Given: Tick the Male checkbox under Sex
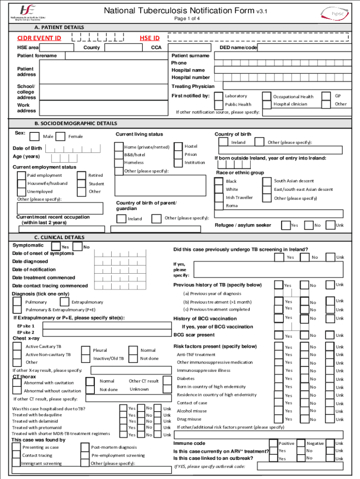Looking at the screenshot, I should pos(35,137).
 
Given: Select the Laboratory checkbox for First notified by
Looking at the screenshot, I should pos(218,96).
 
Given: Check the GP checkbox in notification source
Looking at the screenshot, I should pos(327,96).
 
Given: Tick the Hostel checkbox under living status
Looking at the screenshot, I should pos(178,147).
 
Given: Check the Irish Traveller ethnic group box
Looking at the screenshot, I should pos(219,198).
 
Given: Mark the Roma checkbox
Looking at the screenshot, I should pos(219,206).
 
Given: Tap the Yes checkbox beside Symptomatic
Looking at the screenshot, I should pos(56,247).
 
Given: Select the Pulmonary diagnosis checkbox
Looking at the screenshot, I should pos(17,302).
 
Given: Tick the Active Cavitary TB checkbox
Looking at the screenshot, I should pos(17,347).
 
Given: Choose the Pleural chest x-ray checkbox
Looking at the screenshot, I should pos(86,350).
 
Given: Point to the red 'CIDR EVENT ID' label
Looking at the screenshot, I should pos(39,38).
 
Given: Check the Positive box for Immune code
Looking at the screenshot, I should pos(273,443).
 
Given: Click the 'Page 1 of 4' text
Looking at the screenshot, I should pos(187,19).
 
